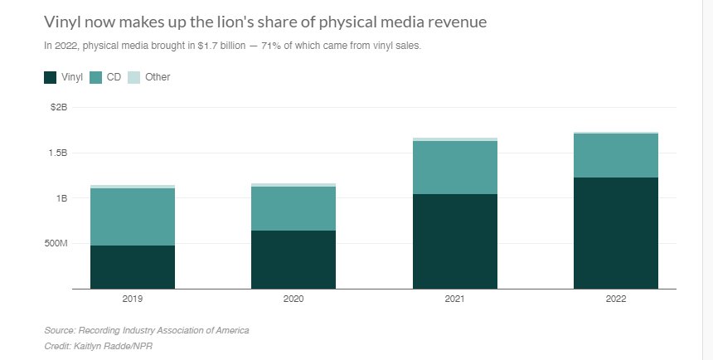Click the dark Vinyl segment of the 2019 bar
[x=133, y=266]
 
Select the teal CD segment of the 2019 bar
[x=133, y=216]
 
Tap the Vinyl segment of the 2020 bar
[x=293, y=259]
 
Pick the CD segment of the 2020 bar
[x=293, y=208]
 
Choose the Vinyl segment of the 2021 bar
[x=455, y=241]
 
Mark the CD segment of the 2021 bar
[x=455, y=168]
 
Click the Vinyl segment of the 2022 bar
[x=616, y=232]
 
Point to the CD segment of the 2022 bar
[x=616, y=155]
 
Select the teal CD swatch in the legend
[x=95, y=77]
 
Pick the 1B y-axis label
[x=61, y=198]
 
